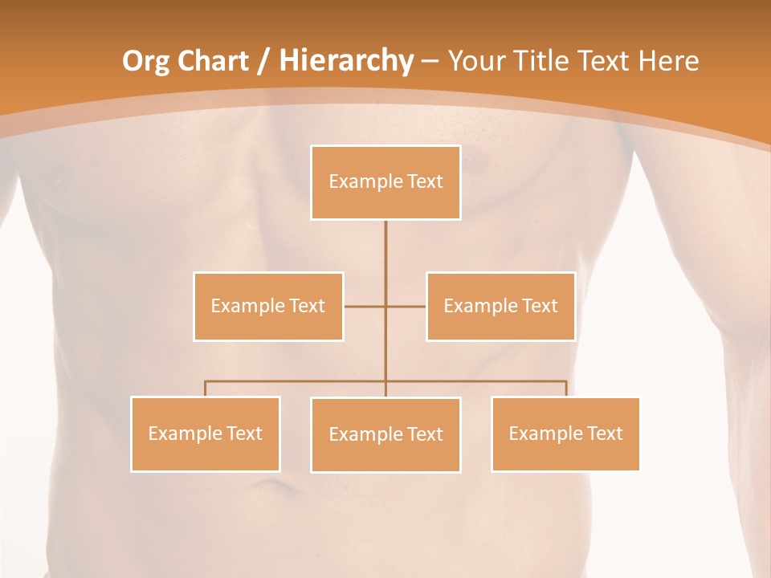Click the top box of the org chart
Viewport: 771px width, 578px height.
point(385,182)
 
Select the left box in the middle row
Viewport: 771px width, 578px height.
point(268,306)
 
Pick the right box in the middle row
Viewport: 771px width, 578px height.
point(500,306)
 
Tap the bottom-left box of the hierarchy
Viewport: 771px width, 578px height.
point(206,433)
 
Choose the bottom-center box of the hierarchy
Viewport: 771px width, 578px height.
point(385,434)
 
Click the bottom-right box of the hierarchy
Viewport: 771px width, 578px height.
point(565,433)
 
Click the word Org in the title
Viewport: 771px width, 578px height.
point(146,61)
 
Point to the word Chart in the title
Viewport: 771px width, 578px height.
point(212,61)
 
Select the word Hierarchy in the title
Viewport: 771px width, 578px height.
point(345,61)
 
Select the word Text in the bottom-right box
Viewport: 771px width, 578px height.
point(605,433)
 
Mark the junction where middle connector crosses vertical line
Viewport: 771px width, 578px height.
point(385,306)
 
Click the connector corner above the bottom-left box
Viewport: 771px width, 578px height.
point(206,381)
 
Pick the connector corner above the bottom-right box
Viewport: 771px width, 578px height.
point(566,381)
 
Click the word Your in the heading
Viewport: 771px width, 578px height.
point(472,61)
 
